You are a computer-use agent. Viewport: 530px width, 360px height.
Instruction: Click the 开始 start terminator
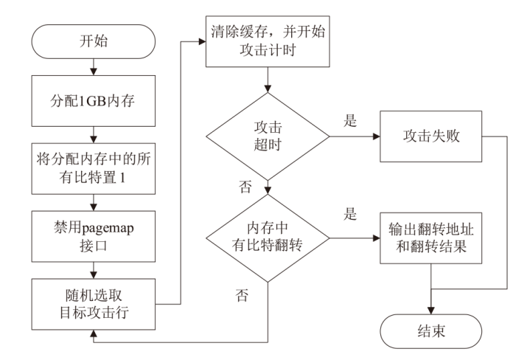click(93, 41)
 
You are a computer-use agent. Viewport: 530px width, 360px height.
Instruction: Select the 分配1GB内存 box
click(93, 99)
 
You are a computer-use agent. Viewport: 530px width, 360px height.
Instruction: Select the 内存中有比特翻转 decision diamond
click(267, 238)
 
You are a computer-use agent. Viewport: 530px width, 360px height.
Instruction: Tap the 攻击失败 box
click(430, 138)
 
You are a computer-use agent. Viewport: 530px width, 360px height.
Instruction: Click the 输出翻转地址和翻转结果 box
click(430, 238)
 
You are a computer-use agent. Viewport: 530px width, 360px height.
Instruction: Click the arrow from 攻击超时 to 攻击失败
click(353, 138)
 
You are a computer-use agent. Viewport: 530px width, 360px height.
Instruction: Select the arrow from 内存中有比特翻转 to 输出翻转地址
click(353, 238)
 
